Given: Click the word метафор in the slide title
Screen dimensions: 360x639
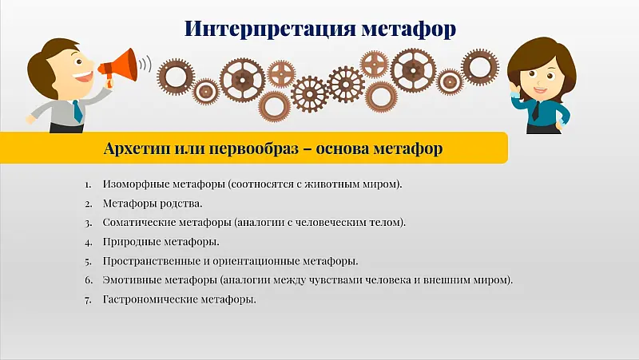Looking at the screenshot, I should click(407, 29).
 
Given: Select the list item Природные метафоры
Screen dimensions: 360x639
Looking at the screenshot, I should click(161, 242).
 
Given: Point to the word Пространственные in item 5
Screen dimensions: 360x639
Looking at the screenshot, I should click(151, 261).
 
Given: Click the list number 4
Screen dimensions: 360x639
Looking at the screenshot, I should click(89, 242).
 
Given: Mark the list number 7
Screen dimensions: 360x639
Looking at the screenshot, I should click(89, 299).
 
